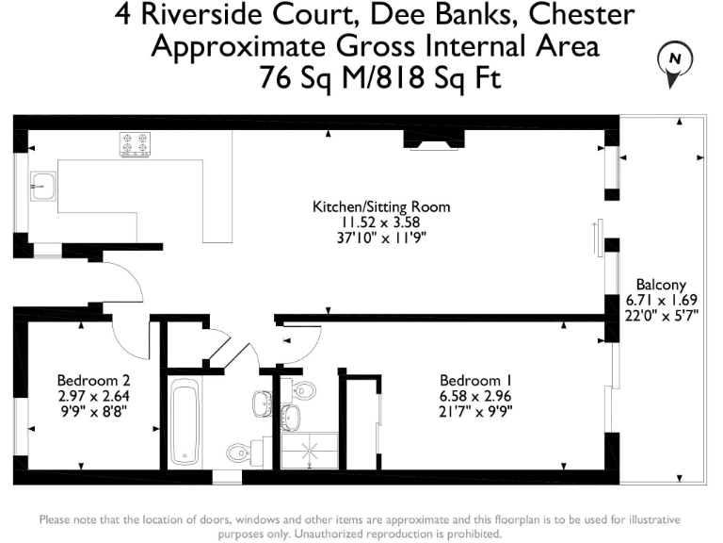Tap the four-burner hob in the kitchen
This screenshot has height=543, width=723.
point(136,144)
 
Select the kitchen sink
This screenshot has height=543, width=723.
point(41,186)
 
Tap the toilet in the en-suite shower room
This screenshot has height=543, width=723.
point(302,390)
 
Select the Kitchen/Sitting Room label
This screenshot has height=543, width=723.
point(382,206)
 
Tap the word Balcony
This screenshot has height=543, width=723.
point(661,285)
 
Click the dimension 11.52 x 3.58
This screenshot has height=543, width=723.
point(382,222)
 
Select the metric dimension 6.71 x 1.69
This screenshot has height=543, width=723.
point(661,301)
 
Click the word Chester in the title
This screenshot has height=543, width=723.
point(584,15)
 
